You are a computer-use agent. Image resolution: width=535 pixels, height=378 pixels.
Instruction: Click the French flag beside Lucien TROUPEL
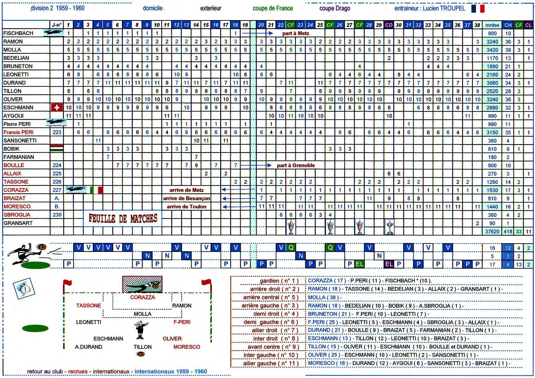click(478, 8)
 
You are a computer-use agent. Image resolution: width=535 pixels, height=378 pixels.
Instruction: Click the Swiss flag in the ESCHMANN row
click(57, 107)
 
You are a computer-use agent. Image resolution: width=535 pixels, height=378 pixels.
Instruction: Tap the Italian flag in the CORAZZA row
click(96, 190)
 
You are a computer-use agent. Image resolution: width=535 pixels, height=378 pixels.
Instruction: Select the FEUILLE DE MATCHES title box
click(123, 218)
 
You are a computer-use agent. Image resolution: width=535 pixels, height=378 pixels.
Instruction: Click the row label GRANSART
click(18, 223)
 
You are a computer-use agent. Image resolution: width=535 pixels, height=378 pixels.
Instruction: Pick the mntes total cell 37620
click(492, 231)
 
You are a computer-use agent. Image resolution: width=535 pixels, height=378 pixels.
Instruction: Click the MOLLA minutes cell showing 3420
click(492, 50)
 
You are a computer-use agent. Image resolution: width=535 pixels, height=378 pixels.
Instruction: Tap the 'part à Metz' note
click(296, 33)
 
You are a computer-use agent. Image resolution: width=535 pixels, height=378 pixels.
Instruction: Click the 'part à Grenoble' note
click(296, 165)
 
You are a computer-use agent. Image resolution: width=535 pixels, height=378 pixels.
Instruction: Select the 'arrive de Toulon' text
click(186, 207)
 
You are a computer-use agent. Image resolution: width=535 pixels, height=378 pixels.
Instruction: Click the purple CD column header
click(389, 25)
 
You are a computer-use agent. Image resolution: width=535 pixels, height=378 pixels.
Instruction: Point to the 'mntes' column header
click(492, 25)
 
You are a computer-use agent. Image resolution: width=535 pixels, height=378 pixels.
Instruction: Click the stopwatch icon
click(24, 288)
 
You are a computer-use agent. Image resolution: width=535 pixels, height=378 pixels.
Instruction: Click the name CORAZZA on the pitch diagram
click(142, 297)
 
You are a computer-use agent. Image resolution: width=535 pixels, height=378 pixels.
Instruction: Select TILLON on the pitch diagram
click(143, 347)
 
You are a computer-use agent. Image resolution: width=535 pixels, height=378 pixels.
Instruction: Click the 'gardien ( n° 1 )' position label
click(279, 281)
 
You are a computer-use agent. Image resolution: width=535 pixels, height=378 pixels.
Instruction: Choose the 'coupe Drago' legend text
click(335, 8)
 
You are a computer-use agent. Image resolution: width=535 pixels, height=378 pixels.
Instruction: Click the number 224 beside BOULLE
click(57, 165)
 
